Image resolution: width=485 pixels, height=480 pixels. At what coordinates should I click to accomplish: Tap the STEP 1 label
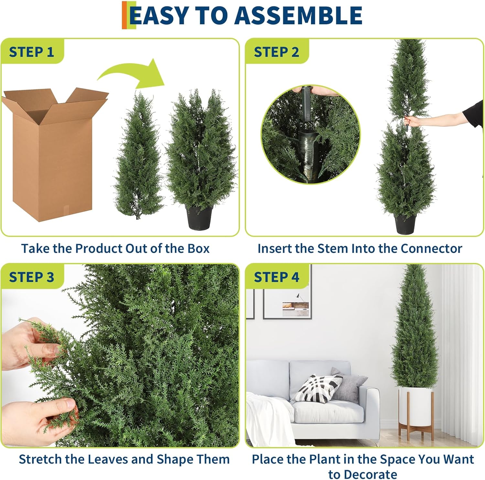click(x=31, y=52)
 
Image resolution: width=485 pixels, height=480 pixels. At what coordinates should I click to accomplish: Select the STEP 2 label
click(x=276, y=52)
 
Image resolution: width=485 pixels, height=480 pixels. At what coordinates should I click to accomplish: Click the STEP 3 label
click(x=31, y=277)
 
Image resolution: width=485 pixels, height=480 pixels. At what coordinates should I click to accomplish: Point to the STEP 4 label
click(x=276, y=277)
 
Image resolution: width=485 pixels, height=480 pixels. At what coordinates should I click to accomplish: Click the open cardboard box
click(x=53, y=155)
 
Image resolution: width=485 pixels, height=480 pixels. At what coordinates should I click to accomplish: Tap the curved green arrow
click(x=136, y=74)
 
